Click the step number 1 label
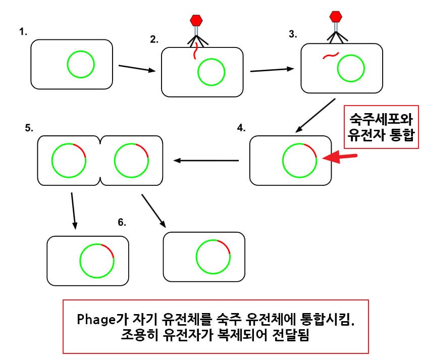(23, 32)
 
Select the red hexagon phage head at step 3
(336, 16)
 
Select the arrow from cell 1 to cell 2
(136, 68)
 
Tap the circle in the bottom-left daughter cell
(97, 261)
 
